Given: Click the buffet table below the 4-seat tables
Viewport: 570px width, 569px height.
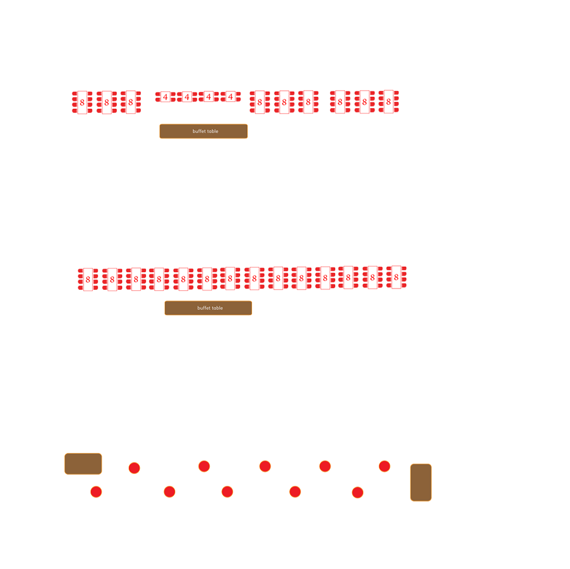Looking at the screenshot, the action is tap(203, 131).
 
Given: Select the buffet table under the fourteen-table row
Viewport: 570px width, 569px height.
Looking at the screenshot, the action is tap(208, 308).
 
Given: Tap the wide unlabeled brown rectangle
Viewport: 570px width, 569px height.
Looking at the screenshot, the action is tap(83, 464).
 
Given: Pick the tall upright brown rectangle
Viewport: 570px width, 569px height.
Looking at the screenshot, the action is tap(421, 482).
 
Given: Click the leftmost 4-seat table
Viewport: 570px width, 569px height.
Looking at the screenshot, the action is tap(165, 97).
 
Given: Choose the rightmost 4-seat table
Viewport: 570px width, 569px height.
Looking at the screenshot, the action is tap(230, 97).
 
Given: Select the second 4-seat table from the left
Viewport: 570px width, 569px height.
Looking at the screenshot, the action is tap(187, 97).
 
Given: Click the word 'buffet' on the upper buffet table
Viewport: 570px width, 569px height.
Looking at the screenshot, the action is tap(199, 131).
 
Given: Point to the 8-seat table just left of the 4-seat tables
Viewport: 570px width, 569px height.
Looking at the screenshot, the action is tap(131, 102).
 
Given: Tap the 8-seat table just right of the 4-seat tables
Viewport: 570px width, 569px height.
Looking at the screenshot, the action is tap(260, 102).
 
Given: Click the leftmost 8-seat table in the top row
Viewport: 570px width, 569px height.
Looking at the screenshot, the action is tap(82, 103).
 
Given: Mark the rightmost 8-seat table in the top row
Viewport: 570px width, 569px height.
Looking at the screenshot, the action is tap(389, 102).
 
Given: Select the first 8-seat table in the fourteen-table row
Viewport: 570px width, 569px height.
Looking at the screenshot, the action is tap(88, 279).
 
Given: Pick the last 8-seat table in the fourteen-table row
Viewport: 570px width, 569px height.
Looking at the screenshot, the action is tap(396, 277).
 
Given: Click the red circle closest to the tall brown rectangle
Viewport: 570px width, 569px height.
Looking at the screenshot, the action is tap(385, 466).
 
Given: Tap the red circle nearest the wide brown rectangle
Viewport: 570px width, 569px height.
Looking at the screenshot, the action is tap(96, 492).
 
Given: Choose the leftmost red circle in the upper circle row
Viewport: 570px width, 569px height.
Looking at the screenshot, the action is tap(134, 468).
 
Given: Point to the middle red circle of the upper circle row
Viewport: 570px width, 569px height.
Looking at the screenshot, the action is tap(265, 466).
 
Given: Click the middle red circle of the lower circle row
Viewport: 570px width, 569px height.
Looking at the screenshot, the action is tap(227, 492).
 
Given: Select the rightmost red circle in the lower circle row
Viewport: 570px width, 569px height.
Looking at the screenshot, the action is tap(358, 493).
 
